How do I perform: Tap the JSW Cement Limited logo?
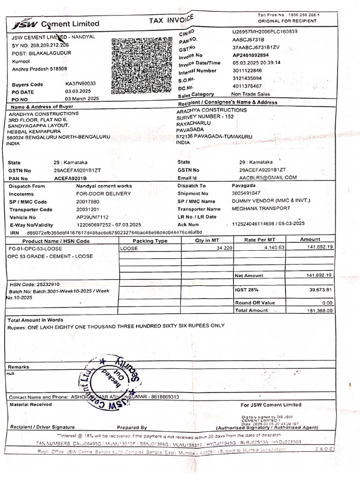(56, 24)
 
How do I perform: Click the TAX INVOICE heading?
(171, 20)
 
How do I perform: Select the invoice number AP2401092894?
(254, 55)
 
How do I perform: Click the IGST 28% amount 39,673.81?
(319, 290)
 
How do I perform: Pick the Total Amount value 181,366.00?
(319, 310)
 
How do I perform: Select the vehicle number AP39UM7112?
(92, 217)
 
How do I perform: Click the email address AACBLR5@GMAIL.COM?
(268, 177)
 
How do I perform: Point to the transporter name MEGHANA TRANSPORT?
(261, 208)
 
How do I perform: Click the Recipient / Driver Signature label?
(42, 427)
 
